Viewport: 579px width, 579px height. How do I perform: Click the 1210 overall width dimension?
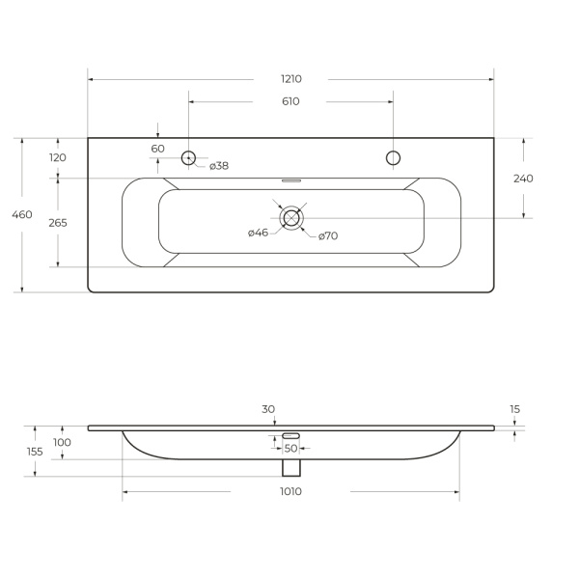pos(291,79)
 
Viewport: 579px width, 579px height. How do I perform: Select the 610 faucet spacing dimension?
pos(290,101)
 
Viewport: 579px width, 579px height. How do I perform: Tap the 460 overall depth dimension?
pos(22,214)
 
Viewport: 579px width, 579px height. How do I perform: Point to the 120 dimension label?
pos(58,157)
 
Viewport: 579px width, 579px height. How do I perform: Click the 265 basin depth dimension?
pos(58,223)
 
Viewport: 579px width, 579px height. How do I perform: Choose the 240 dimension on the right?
pos(523,179)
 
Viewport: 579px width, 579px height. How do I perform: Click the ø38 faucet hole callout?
pos(219,166)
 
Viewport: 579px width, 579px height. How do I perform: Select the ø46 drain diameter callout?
pos(258,233)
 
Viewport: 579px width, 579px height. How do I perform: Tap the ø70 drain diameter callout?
pos(328,236)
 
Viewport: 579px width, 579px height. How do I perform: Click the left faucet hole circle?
pos(188,152)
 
